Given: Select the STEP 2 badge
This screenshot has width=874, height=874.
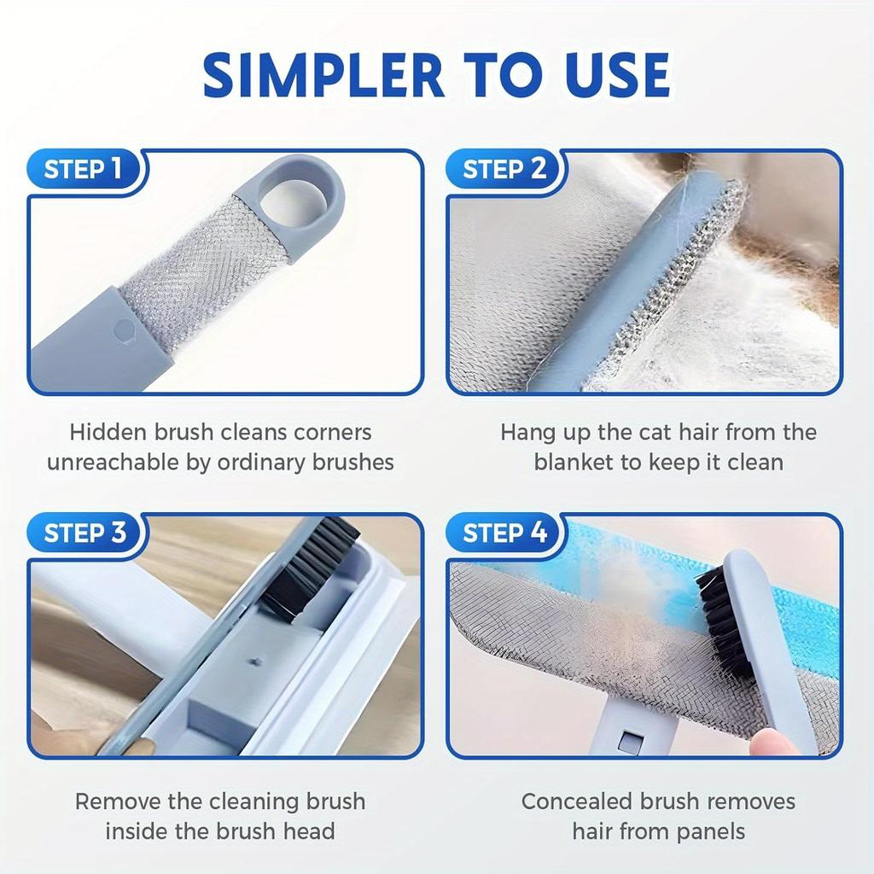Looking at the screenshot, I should (504, 169).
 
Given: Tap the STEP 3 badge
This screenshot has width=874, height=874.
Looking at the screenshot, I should (84, 533).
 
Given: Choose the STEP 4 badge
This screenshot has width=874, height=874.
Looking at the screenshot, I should (504, 533).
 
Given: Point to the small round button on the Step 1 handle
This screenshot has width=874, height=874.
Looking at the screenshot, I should (125, 330).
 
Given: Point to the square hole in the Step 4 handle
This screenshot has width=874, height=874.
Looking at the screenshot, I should (629, 740).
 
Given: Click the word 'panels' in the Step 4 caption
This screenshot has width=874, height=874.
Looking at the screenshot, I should (707, 831).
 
